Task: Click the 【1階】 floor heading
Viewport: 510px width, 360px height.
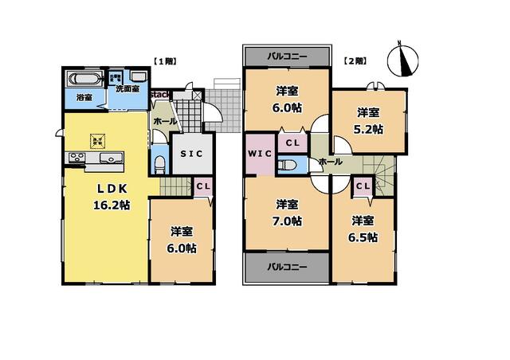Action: pos(164,61)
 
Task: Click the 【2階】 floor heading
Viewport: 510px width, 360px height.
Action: pos(355,61)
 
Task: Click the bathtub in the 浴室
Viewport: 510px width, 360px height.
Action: pos(83,80)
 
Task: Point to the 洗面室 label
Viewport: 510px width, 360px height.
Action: pos(128,88)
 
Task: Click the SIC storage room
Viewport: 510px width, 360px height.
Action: pos(191,153)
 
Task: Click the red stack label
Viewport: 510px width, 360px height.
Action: pos(159,95)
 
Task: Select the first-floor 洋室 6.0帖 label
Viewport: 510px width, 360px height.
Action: pos(182,240)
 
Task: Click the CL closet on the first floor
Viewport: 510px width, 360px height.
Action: pos(202,186)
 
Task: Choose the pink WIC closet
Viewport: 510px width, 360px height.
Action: pos(260,152)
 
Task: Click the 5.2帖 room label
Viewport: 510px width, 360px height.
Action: pos(367,120)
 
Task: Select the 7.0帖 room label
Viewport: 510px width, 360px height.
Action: pos(287,212)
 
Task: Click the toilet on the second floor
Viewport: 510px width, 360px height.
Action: pos(289,165)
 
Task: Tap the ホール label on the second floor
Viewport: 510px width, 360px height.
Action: pos(330,162)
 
